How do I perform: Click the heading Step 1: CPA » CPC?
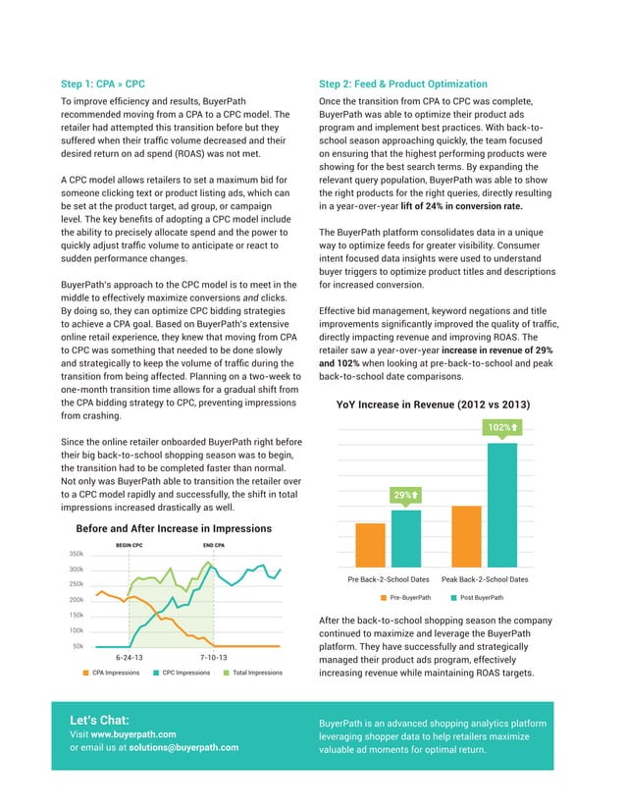(x=103, y=84)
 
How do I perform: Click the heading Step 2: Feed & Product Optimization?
(x=403, y=84)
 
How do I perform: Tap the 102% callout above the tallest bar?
(x=501, y=427)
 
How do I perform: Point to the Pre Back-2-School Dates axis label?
(x=390, y=579)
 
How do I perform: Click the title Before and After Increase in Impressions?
(x=173, y=528)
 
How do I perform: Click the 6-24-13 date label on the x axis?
(x=130, y=657)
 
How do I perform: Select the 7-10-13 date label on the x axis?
(x=213, y=657)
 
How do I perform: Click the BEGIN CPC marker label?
(x=130, y=545)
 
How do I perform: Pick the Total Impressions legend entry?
(x=254, y=673)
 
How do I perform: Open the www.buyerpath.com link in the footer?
(x=133, y=733)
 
